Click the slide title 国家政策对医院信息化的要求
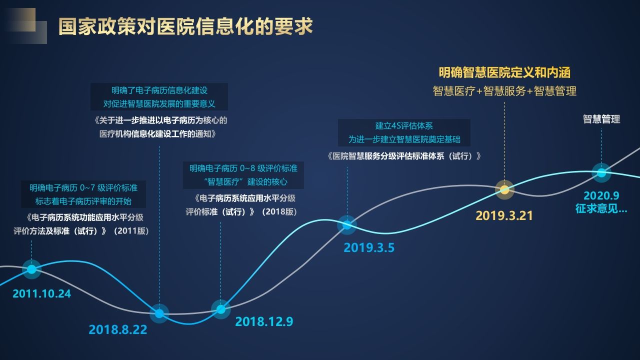[185, 26]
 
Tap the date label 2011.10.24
[41, 293]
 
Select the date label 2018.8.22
[117, 329]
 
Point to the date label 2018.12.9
[264, 321]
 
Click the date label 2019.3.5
[369, 247]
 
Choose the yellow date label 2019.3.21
[504, 215]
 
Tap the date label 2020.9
[601, 195]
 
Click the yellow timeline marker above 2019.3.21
[504, 189]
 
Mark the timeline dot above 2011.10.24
[31, 269]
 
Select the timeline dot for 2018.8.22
[159, 313]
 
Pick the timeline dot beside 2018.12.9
[220, 309]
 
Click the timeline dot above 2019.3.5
[347, 225]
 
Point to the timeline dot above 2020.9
[601, 172]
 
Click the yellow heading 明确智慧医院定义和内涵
[504, 72]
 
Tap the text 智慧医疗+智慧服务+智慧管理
[504, 91]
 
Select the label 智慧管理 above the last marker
[601, 119]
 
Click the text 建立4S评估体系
[404, 126]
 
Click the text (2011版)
[131, 231]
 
